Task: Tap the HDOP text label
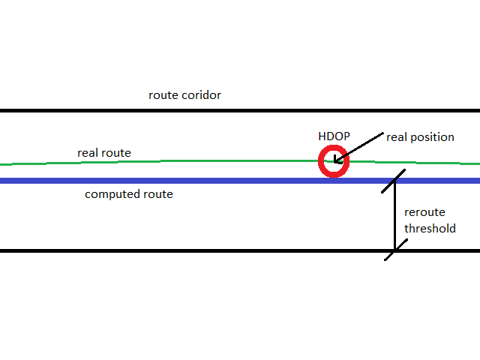[x=334, y=137]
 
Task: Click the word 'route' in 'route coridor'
[x=163, y=95]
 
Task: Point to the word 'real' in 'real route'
[x=88, y=153]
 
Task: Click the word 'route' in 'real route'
[x=116, y=153]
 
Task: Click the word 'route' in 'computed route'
[x=158, y=194]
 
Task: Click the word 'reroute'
[x=424, y=213]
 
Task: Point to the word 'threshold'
[x=430, y=228]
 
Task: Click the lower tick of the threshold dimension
[x=395, y=250]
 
